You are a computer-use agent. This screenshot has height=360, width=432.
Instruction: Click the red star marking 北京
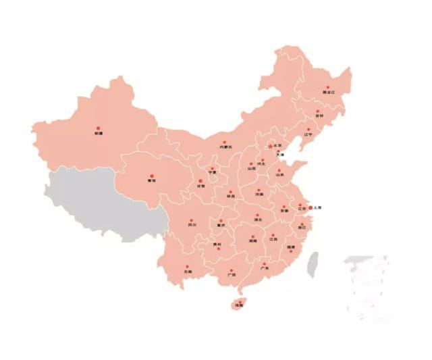point(269,146)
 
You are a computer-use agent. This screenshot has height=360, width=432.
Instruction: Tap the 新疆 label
point(99,134)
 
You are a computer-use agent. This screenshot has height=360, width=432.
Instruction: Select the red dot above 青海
point(151,175)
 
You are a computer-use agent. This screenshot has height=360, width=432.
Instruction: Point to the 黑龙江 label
point(329,93)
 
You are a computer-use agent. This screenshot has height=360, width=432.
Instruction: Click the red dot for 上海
point(310,207)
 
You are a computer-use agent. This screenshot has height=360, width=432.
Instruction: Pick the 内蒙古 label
point(225,147)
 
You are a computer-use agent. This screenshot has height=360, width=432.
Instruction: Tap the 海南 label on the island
point(238,306)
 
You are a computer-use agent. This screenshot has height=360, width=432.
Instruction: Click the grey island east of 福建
point(313,264)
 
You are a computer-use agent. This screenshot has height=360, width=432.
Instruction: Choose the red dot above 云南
point(187,266)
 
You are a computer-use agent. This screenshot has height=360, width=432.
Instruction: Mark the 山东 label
point(280,176)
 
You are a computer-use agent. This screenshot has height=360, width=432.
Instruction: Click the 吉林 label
point(319,117)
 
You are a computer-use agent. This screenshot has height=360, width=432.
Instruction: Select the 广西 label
point(232,275)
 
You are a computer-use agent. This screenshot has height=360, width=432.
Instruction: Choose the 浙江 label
point(301,228)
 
